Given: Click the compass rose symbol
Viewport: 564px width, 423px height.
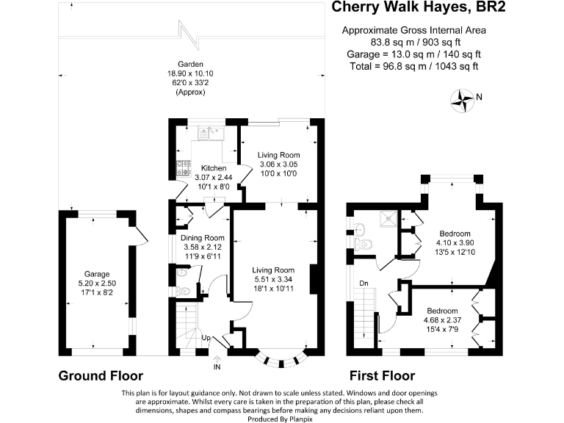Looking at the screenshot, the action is (x=462, y=101).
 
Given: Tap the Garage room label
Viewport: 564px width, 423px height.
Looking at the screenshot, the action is (x=97, y=274).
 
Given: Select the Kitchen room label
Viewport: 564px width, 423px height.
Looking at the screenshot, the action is (x=214, y=168).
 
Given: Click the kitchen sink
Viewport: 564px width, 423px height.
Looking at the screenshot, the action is (x=211, y=134).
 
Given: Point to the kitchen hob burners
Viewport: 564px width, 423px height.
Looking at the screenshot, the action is (x=184, y=168).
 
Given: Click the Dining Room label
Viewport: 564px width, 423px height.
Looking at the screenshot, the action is (x=203, y=238).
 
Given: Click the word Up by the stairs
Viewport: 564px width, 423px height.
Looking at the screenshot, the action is (x=206, y=338).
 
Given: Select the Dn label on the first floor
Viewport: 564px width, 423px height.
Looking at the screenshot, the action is (x=364, y=283).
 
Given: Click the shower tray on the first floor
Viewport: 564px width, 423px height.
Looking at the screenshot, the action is (x=388, y=219).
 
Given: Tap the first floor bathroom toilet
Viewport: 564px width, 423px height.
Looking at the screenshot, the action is (x=364, y=245).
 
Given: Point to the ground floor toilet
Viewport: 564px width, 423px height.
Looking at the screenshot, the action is (x=183, y=291).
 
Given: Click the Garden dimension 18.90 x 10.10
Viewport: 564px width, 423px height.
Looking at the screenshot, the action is (x=190, y=73).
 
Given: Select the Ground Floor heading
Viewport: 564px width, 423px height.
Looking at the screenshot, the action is (x=101, y=376).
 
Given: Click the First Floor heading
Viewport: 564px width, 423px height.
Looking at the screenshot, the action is (x=383, y=376).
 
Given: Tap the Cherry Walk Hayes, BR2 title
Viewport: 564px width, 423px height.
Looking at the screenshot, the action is (x=419, y=7).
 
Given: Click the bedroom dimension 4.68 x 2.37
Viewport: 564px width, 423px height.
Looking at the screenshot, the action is (x=442, y=320).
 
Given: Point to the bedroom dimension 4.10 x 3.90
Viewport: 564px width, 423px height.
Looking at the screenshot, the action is (x=455, y=243).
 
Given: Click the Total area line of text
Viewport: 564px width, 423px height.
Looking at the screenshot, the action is (x=414, y=66).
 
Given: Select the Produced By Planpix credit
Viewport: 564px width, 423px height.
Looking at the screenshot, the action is (x=281, y=419).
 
